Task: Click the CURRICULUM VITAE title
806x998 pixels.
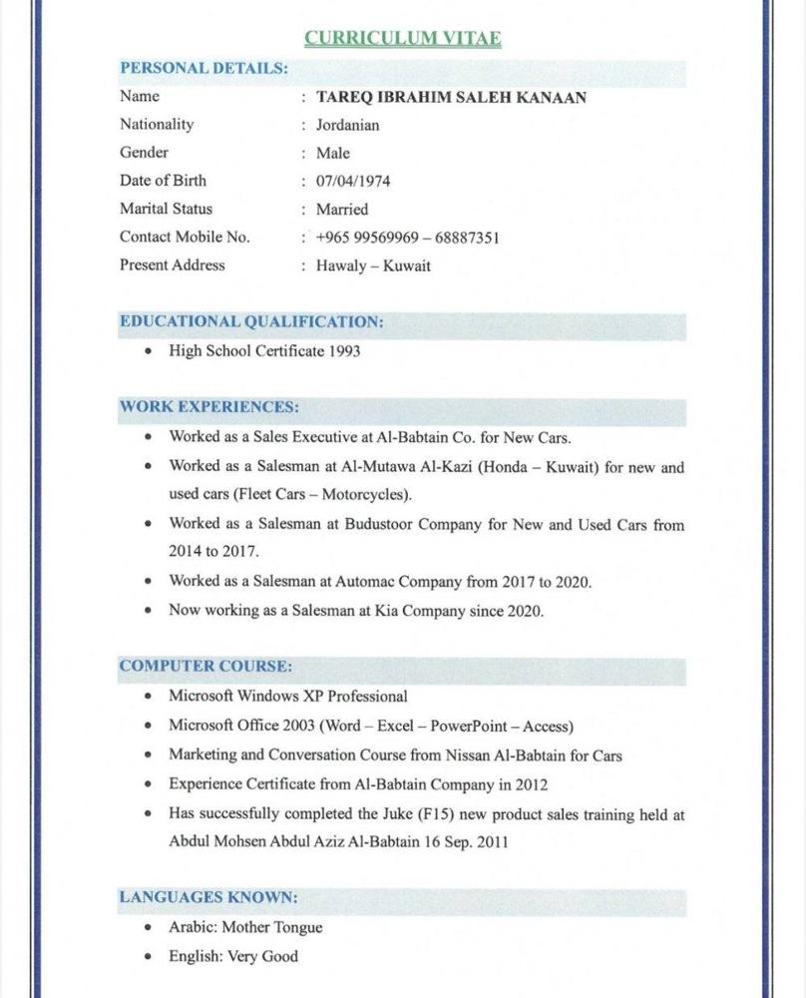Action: (x=402, y=39)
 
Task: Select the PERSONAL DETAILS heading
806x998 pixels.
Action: (x=203, y=68)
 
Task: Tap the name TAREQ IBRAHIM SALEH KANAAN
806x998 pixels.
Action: (x=451, y=97)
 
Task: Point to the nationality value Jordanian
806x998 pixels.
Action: (x=347, y=125)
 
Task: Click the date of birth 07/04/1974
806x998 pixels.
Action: (x=353, y=182)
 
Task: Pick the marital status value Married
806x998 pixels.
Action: (x=342, y=210)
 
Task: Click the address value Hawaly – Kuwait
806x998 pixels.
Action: (x=373, y=266)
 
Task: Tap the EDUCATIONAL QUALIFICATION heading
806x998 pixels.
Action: (x=251, y=321)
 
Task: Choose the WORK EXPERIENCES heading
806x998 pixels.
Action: (x=208, y=407)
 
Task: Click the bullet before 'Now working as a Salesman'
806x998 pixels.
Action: (x=148, y=610)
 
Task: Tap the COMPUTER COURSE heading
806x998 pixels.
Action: (x=205, y=666)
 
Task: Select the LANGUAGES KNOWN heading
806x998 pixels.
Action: (x=208, y=896)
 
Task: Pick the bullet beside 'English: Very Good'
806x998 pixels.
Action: (x=148, y=956)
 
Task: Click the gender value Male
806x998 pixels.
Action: (x=333, y=154)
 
